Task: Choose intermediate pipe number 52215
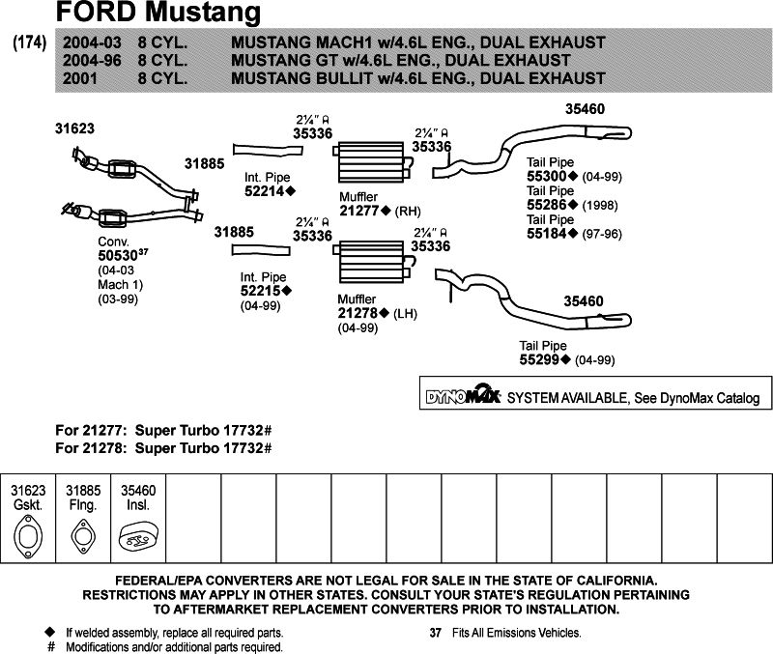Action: click(x=263, y=290)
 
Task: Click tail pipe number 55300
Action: click(x=547, y=177)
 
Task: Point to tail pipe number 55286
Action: click(x=547, y=205)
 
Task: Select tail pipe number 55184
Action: click(x=547, y=233)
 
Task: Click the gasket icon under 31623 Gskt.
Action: click(x=29, y=537)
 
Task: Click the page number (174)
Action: click(x=29, y=43)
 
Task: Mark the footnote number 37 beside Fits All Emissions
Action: click(x=434, y=633)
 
